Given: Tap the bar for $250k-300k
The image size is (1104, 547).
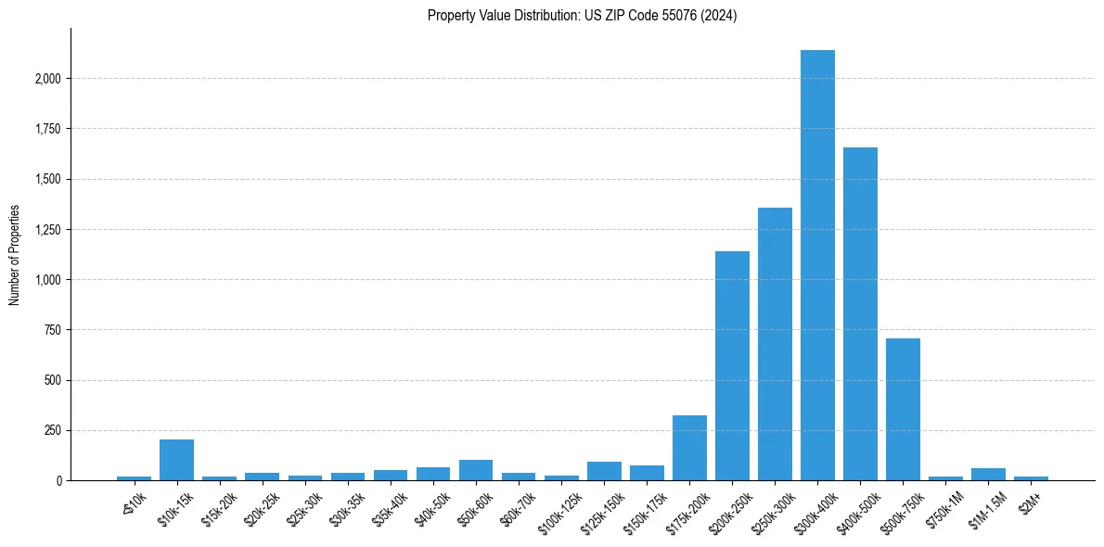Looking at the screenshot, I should pos(775,344).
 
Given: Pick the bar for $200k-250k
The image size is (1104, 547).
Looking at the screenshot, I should pos(732,365).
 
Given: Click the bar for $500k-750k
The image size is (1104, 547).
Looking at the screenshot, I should pos(903,409).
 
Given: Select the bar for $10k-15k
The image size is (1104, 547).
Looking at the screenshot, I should pos(176,460).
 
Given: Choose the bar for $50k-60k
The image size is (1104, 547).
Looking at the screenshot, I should pos(476,470).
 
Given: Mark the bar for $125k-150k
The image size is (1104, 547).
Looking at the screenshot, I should pos(604,471).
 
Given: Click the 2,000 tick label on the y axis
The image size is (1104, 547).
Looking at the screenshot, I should pos(46,79).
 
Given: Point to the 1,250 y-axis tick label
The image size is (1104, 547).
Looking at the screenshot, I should pos(46,230).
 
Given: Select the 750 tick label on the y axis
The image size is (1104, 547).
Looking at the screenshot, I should pos(52,330).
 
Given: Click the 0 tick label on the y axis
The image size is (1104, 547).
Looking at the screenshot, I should pos(58,481).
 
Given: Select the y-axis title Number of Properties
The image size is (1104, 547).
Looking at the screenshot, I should pos(15,254).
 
